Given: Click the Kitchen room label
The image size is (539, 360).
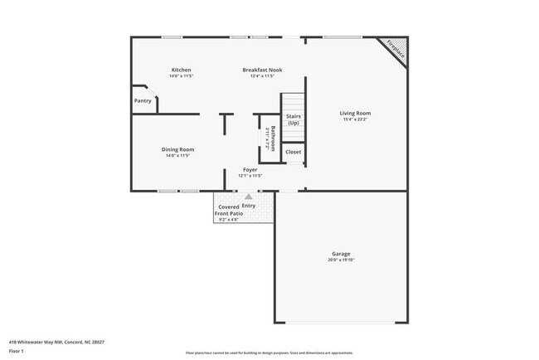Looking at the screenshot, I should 181,70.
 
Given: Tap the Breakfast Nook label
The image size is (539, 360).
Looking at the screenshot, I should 262,70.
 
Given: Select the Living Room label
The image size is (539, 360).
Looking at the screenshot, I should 356,113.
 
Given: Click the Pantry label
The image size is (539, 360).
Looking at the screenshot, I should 143,100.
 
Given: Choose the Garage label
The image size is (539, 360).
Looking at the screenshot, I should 341,254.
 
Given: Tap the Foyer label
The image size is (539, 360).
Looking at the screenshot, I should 250,169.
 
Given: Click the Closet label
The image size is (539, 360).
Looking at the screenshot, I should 294,152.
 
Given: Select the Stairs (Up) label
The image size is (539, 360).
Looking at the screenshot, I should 294,119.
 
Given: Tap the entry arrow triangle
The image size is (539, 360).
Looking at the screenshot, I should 248,197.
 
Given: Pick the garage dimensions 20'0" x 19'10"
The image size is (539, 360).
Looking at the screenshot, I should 341,260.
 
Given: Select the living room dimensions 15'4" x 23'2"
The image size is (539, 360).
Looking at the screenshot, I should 356,119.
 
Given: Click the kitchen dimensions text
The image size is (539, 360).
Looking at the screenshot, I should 181,76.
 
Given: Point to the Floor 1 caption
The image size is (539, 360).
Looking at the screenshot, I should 17,351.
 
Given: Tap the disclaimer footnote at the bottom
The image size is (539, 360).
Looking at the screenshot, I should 269,353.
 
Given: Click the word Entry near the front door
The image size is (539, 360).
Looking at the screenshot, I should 249,206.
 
